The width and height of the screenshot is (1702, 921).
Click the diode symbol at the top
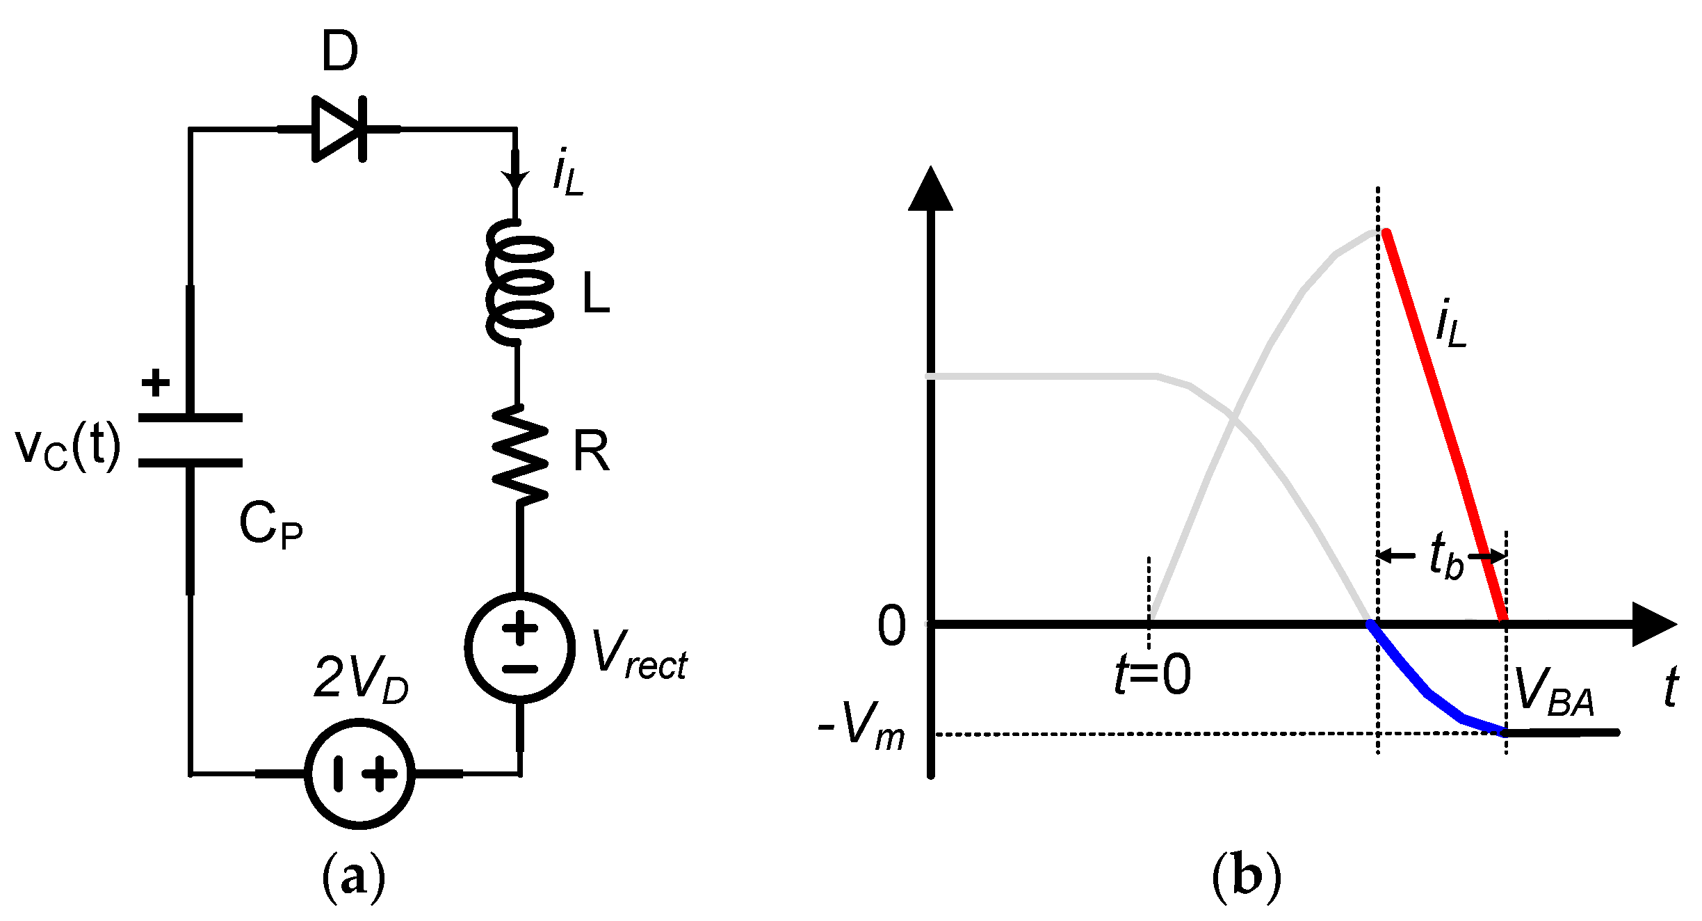point(339,129)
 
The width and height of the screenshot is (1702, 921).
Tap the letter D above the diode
point(339,51)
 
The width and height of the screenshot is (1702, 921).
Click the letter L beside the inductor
point(596,293)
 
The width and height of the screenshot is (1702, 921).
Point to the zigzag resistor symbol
point(520,454)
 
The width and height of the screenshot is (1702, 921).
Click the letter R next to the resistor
point(591,452)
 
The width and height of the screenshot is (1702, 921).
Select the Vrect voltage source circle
point(520,648)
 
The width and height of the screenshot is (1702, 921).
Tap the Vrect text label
point(638,655)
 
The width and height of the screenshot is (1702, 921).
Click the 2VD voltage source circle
point(360,774)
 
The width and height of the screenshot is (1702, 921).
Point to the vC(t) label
point(67,447)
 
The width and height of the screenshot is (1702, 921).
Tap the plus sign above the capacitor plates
point(156,383)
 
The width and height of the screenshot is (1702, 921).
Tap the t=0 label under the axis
point(1152,675)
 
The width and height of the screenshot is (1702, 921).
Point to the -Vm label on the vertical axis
point(861,726)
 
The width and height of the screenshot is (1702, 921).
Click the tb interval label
point(1446,556)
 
